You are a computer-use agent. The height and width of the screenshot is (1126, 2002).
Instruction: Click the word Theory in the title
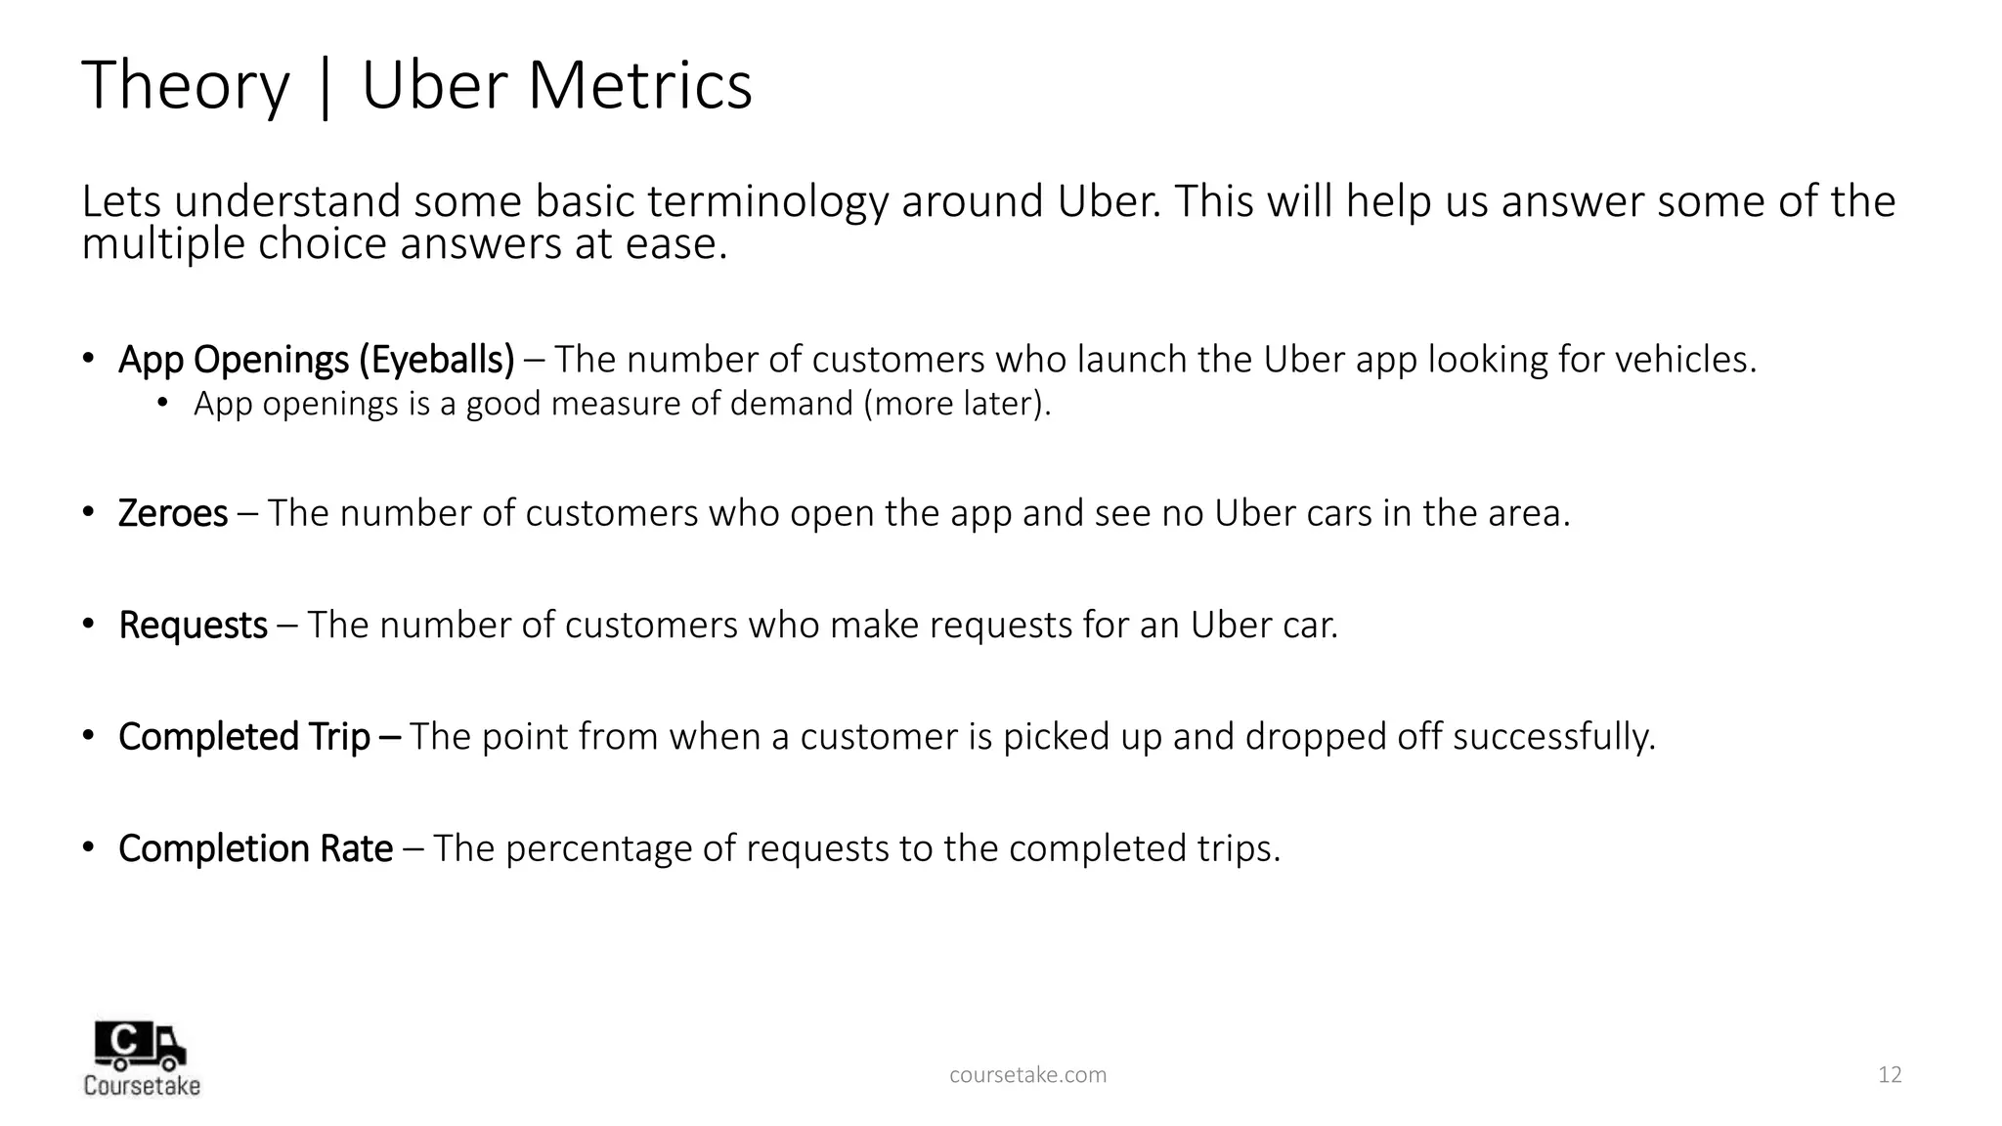(x=186, y=86)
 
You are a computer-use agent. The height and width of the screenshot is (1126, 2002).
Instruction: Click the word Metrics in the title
(x=639, y=86)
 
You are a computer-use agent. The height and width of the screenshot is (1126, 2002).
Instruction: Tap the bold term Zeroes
(x=173, y=513)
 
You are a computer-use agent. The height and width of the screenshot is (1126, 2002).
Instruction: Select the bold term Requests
(x=193, y=626)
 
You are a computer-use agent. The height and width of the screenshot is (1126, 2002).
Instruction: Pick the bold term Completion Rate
(x=255, y=848)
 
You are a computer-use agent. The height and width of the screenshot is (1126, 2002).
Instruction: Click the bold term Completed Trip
(x=244, y=737)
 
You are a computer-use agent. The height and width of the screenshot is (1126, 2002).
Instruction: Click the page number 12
(x=1890, y=1075)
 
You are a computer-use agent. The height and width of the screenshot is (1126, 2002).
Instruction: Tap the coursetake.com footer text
(x=1028, y=1075)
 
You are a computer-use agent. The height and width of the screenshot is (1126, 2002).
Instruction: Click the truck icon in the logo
(x=139, y=1046)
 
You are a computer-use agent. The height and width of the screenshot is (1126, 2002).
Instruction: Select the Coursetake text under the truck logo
(x=142, y=1086)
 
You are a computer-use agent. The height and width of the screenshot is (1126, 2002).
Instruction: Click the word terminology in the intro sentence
(x=768, y=202)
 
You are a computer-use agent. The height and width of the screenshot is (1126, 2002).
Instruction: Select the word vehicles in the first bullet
(x=1684, y=360)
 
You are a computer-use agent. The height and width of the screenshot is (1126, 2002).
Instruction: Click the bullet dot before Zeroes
(x=88, y=511)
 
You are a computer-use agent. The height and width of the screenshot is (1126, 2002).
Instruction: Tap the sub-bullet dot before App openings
(x=163, y=402)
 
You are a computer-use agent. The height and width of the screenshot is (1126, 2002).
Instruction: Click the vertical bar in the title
(x=326, y=88)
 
